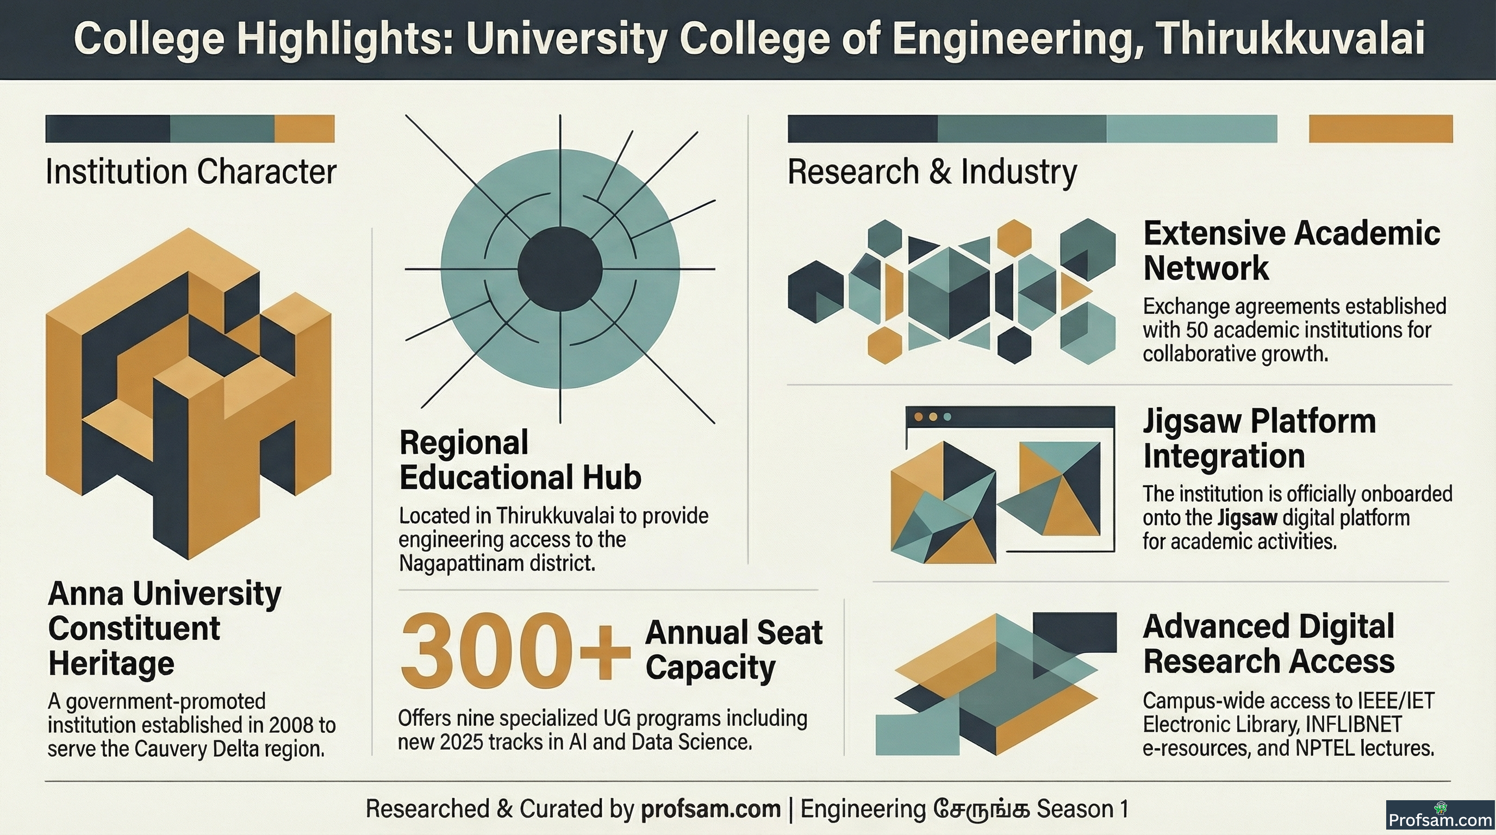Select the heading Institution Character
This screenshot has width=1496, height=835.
[191, 172]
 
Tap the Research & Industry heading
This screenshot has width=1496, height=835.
[932, 172]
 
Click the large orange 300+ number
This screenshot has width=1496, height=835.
[515, 650]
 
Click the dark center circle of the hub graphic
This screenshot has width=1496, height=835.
[560, 269]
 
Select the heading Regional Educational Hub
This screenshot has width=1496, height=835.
[520, 460]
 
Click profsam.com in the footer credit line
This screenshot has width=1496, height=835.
[711, 809]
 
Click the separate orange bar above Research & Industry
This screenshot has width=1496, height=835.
[1380, 128]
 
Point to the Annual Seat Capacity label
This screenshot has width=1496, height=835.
[733, 650]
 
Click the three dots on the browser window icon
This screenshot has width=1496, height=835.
[933, 417]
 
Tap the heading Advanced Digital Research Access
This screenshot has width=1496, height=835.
[1268, 644]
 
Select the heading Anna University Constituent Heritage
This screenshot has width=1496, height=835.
[165, 628]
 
